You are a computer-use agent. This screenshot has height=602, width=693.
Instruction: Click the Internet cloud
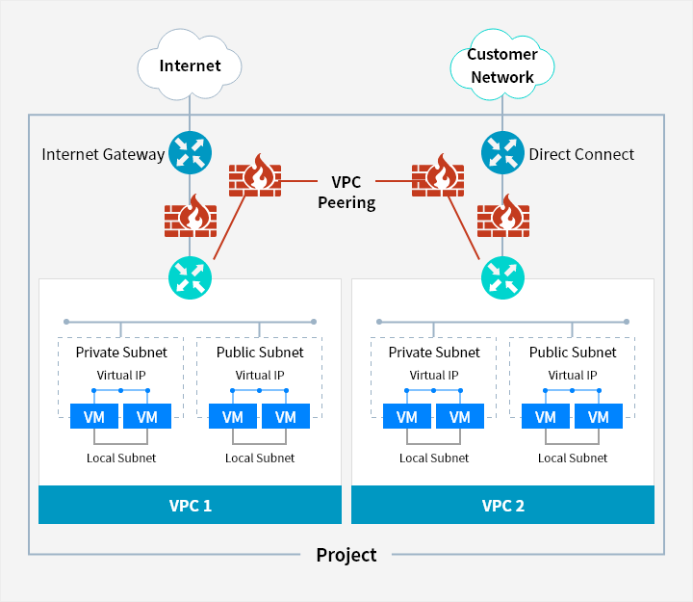click(190, 65)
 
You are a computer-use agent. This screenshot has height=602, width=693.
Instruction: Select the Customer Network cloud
click(502, 65)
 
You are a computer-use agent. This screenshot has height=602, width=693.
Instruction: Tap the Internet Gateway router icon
click(190, 153)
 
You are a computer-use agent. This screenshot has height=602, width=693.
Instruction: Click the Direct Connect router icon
click(502, 153)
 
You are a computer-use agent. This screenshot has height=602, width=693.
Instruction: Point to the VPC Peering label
click(346, 192)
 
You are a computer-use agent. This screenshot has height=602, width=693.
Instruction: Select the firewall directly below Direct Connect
click(502, 216)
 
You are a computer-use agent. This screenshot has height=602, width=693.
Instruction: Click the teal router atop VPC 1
click(190, 276)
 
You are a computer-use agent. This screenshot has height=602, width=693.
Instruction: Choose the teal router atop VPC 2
click(502, 276)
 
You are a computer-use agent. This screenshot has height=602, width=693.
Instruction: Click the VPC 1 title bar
click(190, 505)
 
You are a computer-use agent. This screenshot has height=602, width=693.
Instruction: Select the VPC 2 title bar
click(502, 505)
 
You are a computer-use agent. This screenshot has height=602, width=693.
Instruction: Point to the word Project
click(346, 555)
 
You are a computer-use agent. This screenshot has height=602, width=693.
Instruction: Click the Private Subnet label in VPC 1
click(121, 353)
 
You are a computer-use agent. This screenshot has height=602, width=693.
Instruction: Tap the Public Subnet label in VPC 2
click(573, 353)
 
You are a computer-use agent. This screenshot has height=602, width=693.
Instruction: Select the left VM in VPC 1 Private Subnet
click(94, 417)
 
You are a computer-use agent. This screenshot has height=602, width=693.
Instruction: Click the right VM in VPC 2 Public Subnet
click(599, 417)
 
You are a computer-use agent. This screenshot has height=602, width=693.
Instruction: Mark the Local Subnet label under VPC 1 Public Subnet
click(260, 458)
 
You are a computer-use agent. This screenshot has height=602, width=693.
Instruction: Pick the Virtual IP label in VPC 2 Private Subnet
click(434, 376)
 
